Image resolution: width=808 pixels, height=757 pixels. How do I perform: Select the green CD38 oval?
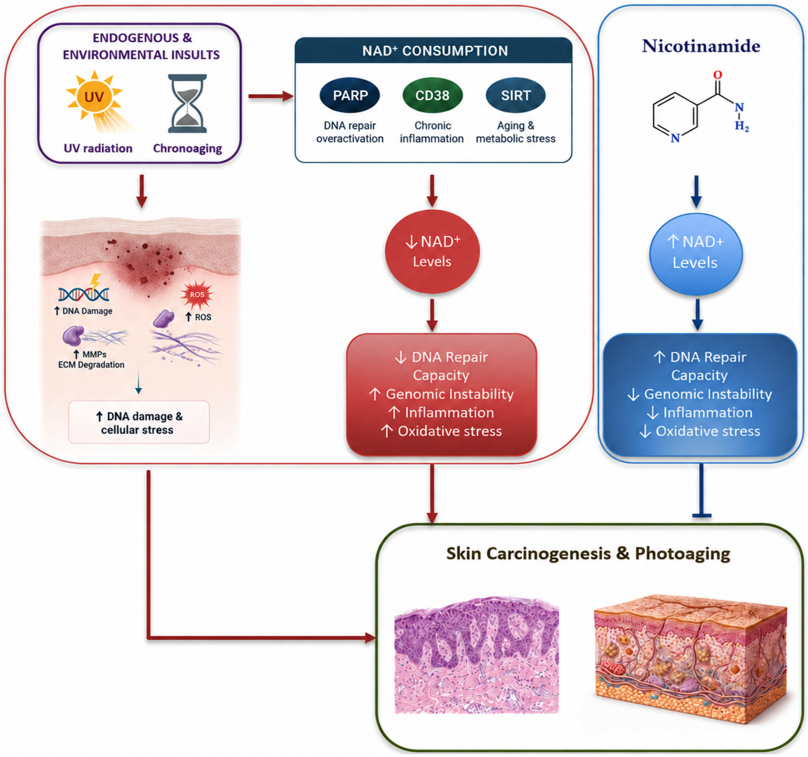click(432, 95)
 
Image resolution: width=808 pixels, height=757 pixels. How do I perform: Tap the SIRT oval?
click(516, 95)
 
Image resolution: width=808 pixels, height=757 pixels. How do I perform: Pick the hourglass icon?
click(187, 103)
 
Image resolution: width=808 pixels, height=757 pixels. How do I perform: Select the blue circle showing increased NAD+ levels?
click(696, 254)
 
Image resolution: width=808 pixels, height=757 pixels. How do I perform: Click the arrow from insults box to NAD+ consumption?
click(271, 96)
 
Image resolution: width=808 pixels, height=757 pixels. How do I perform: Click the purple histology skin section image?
click(477, 655)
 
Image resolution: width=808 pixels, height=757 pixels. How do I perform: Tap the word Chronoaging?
click(187, 148)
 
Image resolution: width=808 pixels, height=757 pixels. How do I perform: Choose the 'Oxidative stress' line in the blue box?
click(708, 431)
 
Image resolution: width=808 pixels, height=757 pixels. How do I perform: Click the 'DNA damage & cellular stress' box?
click(139, 422)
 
